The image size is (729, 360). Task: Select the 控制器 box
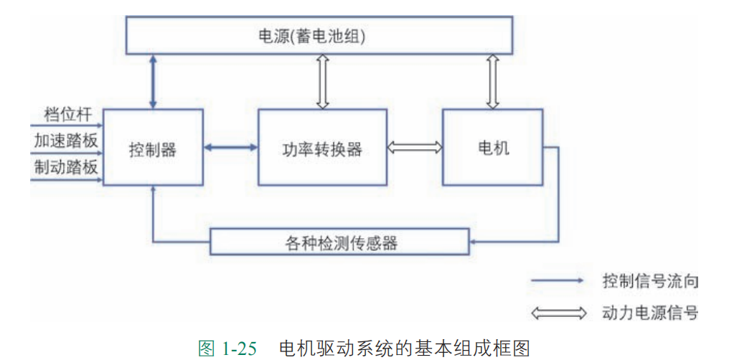tap(153, 148)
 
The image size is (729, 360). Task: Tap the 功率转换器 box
tap(322, 148)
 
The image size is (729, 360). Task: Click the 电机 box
tap(492, 147)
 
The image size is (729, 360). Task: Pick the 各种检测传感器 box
tap(341, 242)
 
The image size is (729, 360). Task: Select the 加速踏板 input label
tap(65, 141)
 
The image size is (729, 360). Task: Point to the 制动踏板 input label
tap(65, 168)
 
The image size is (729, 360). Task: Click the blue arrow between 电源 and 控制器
tap(153, 81)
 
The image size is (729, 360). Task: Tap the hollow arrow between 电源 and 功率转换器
tap(322, 81)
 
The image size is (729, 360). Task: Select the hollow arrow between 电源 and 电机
tap(492, 81)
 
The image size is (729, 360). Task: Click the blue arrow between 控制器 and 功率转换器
tap(231, 148)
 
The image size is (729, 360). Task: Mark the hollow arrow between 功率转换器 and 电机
tap(415, 147)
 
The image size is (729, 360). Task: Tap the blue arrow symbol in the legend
tap(558, 281)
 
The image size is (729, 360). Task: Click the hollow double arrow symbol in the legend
tap(558, 313)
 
